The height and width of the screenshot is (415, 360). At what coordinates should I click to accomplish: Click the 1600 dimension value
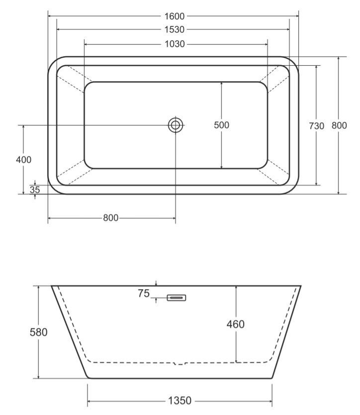pyautogui.click(x=174, y=16)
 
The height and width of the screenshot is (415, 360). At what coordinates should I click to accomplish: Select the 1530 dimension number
pyautogui.click(x=174, y=30)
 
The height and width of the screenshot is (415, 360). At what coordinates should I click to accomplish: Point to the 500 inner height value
pyautogui.click(x=222, y=125)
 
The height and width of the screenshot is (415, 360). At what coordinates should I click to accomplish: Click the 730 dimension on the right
pyautogui.click(x=316, y=126)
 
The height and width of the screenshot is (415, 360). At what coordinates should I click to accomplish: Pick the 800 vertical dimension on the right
pyautogui.click(x=339, y=126)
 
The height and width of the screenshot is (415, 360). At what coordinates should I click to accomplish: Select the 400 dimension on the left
pyautogui.click(x=23, y=160)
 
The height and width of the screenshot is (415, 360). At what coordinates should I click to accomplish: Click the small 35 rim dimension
pyautogui.click(x=35, y=190)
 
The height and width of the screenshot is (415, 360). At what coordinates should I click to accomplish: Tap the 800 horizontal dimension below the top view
pyautogui.click(x=111, y=218)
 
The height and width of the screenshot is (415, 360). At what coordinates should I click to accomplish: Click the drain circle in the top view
pyautogui.click(x=176, y=125)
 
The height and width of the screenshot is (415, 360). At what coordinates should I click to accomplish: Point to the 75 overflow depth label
pyautogui.click(x=144, y=294)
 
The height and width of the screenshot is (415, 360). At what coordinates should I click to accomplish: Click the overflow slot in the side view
pyautogui.click(x=177, y=298)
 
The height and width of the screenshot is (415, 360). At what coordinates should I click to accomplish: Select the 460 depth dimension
pyautogui.click(x=235, y=324)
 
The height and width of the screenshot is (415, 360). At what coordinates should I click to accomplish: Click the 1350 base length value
pyautogui.click(x=180, y=401)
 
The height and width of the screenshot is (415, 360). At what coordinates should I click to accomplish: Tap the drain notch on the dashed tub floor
pyautogui.click(x=180, y=363)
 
